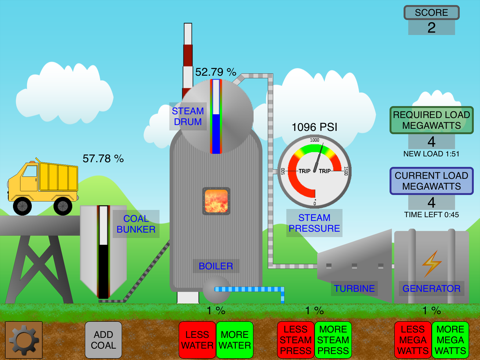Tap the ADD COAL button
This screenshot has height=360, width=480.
click(103, 340)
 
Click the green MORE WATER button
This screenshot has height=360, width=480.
click(235, 340)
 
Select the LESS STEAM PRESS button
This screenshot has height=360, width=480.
click(295, 340)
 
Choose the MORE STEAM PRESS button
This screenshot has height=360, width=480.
click(333, 340)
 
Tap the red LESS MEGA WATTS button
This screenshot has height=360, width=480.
click(413, 340)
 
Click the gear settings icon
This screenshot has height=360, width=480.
click(24, 340)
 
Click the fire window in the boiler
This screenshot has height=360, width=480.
click(216, 202)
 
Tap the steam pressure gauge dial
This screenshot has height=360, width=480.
click(315, 171)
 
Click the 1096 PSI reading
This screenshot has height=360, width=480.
click(315, 127)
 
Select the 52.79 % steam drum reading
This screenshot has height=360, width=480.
click(215, 72)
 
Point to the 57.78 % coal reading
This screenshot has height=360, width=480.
click(103, 158)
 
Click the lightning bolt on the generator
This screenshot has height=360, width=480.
click(431, 262)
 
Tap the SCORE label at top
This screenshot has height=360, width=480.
click(432, 13)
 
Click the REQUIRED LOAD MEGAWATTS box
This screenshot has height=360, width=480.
click(432, 120)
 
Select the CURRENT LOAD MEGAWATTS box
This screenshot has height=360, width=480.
click(432, 181)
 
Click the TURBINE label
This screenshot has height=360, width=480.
click(354, 289)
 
